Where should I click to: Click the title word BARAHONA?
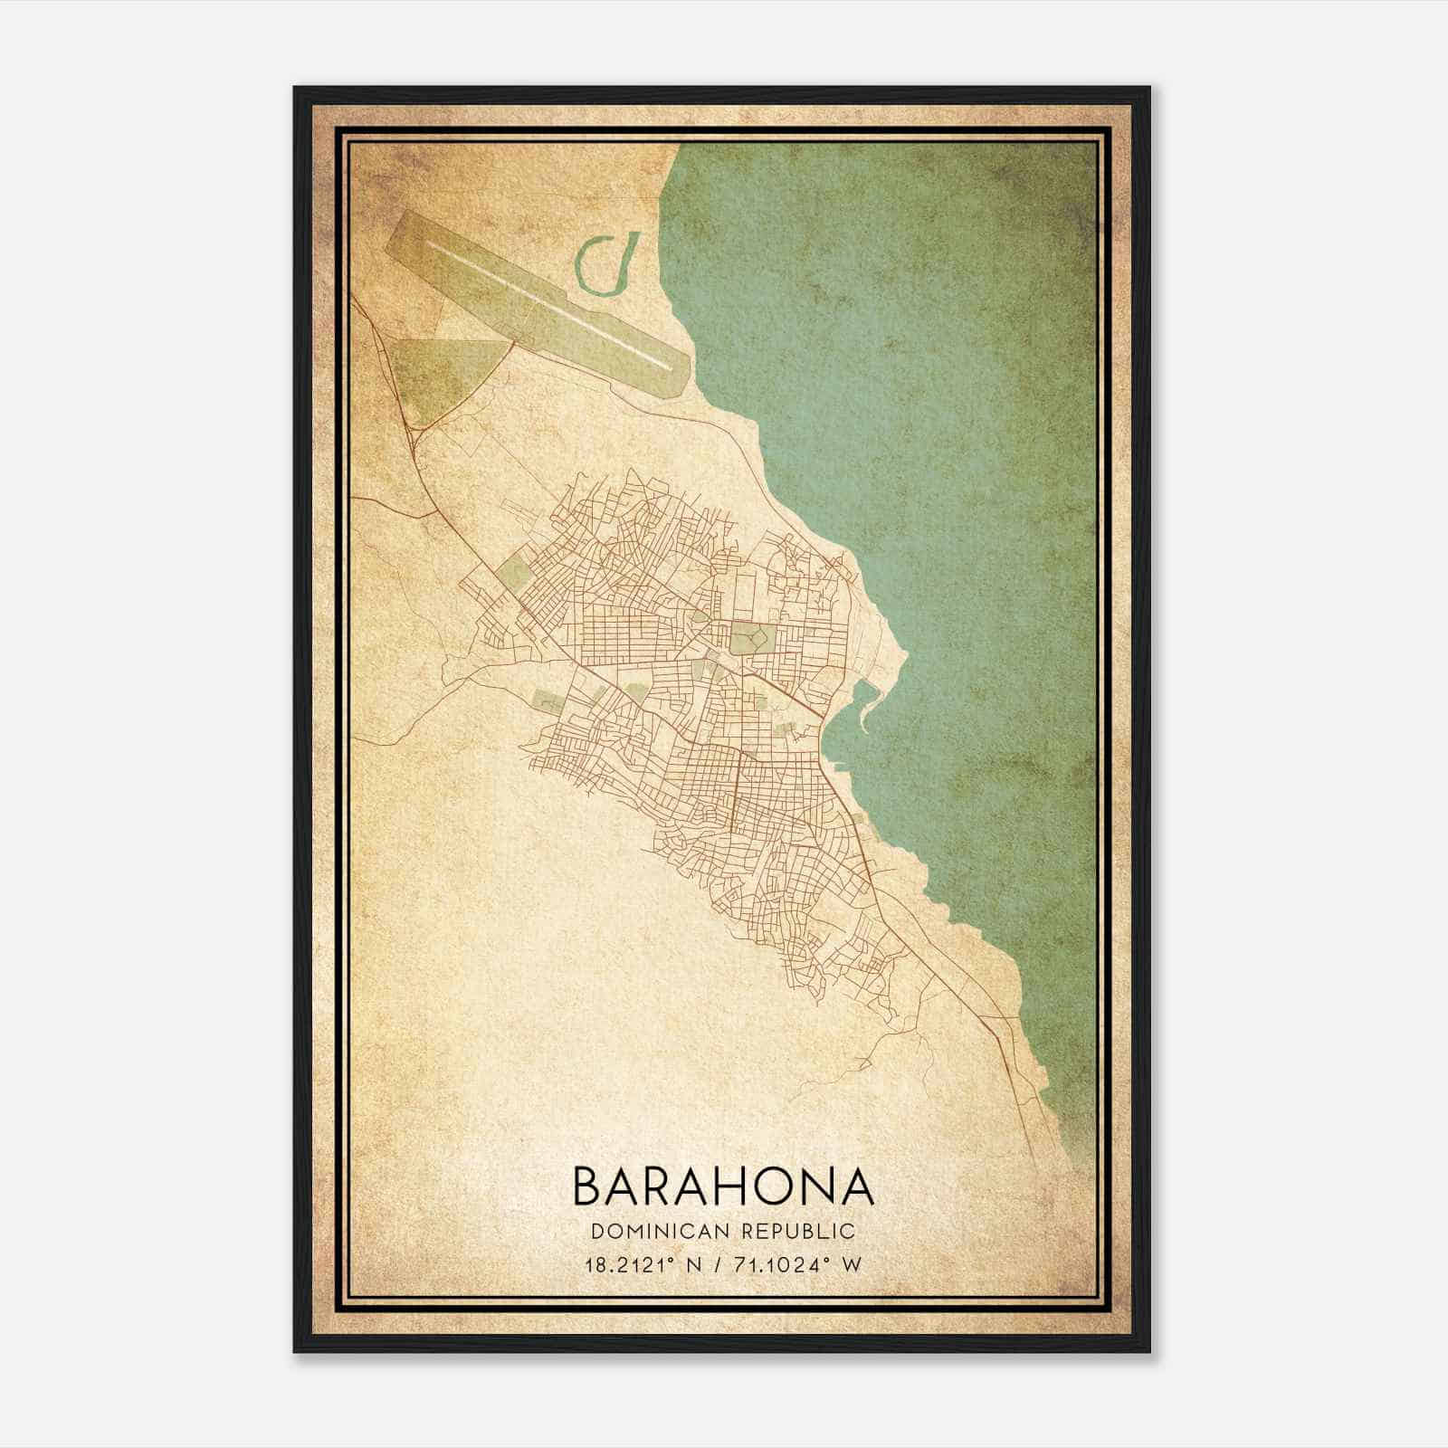(723, 1186)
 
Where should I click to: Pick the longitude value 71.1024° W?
(798, 1264)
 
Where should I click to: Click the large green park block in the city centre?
(748, 638)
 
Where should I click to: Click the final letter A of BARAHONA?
(856, 1186)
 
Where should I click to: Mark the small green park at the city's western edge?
(510, 574)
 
